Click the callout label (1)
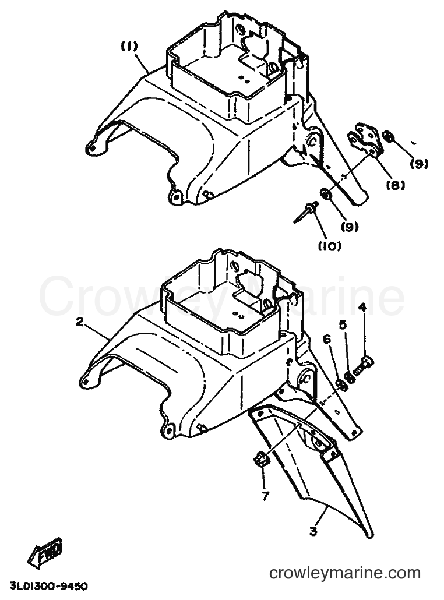(129, 47)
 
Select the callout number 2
(80, 322)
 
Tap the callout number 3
(313, 531)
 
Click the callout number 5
(343, 325)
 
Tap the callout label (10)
(329, 246)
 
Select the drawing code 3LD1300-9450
(48, 585)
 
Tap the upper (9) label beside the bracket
(419, 164)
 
